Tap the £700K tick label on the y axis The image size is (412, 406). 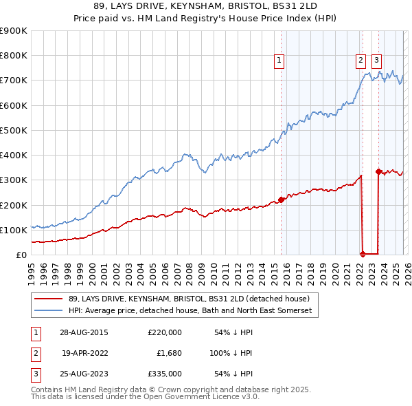[x=14, y=81]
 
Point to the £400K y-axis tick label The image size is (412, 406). [x=14, y=156]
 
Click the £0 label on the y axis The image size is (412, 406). [x=21, y=255]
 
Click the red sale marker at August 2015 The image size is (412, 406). [x=281, y=200]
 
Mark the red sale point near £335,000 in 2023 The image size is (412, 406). [x=378, y=171]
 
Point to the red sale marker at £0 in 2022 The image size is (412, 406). [x=363, y=255]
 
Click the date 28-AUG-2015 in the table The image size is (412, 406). [x=89, y=332]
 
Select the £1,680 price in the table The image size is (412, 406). [x=164, y=353]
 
